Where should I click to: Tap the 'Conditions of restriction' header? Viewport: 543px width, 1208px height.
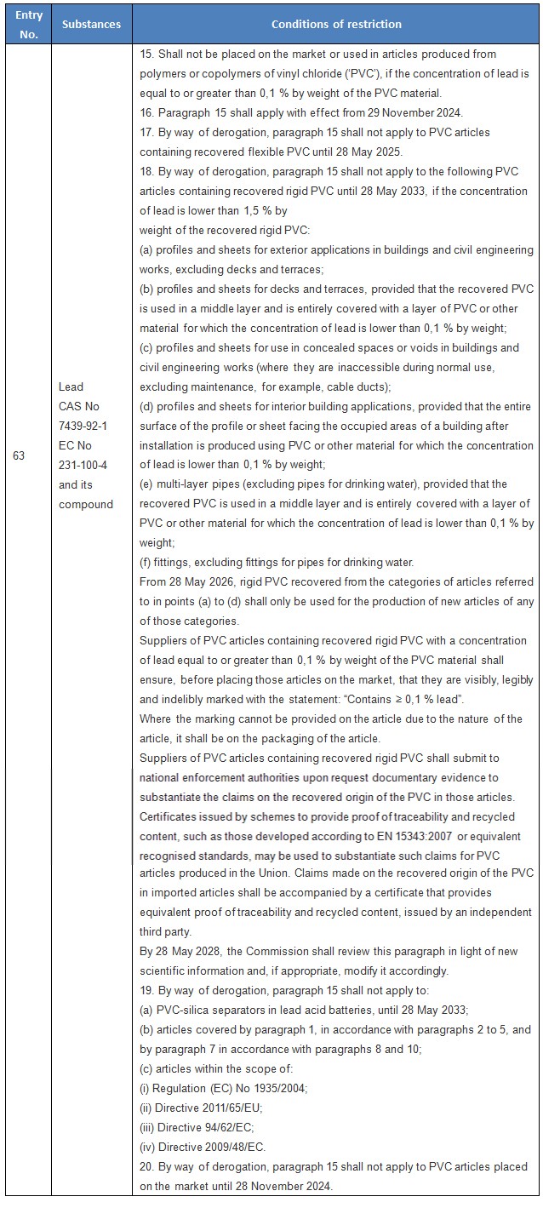(x=336, y=24)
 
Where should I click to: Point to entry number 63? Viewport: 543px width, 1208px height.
(x=19, y=455)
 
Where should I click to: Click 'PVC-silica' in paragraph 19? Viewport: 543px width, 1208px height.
(x=189, y=1010)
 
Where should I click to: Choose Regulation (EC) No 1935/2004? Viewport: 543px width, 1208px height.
(x=225, y=1088)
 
